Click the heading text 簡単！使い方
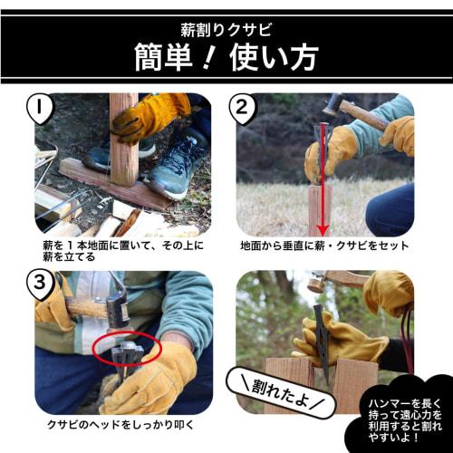tap(226, 56)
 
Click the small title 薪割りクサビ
tap(226, 21)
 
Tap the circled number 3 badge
tap(43, 284)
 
